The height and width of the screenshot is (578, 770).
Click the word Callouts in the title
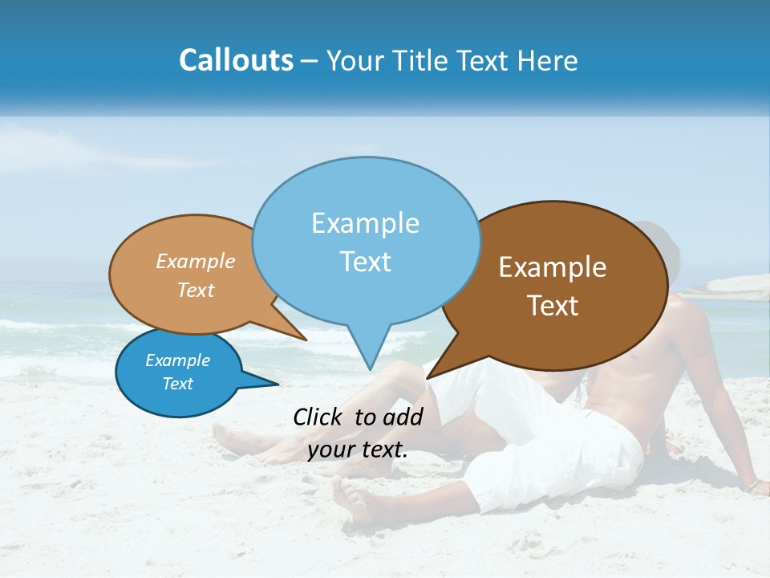(x=236, y=60)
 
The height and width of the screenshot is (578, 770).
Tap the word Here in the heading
(x=549, y=60)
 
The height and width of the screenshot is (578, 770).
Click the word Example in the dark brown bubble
(x=553, y=267)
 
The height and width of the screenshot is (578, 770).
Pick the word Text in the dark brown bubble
(x=553, y=305)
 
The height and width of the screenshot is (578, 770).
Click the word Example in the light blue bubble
(x=365, y=223)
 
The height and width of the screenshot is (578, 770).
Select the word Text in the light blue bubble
(x=366, y=261)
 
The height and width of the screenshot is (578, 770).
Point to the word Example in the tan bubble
(x=196, y=261)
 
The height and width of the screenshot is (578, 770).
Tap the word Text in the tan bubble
(x=196, y=290)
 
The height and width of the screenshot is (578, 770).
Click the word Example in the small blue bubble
(x=177, y=360)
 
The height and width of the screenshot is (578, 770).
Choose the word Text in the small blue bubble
(x=177, y=384)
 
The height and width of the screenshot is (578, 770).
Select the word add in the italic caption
(x=403, y=417)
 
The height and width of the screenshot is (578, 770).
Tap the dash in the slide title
(x=310, y=61)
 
